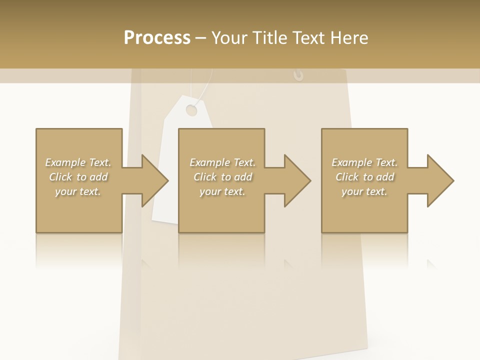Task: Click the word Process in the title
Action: tap(157, 37)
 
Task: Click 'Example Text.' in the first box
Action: tap(78, 162)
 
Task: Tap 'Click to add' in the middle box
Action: tap(222, 177)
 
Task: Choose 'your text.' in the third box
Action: tap(364, 191)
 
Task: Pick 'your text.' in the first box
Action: tap(78, 191)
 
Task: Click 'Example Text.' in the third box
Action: tap(364, 162)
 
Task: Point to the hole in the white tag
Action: tap(191, 109)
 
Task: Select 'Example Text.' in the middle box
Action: tap(222, 162)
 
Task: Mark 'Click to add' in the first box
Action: tap(78, 177)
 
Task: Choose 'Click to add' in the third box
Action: tap(364, 177)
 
